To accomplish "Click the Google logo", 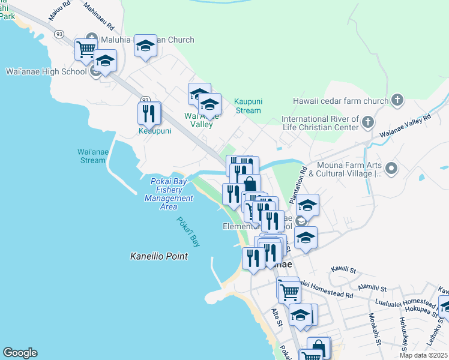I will coord(20,353).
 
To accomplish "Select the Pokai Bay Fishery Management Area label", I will coord(168,194).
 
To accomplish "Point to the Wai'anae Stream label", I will coord(92,156).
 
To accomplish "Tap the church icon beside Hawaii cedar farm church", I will coord(397,100).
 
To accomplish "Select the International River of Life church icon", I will coord(368,123).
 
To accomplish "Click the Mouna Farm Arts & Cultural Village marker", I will coord(391,168).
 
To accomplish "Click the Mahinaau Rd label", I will coord(98,16).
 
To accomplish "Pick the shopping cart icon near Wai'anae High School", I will coord(86,49).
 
